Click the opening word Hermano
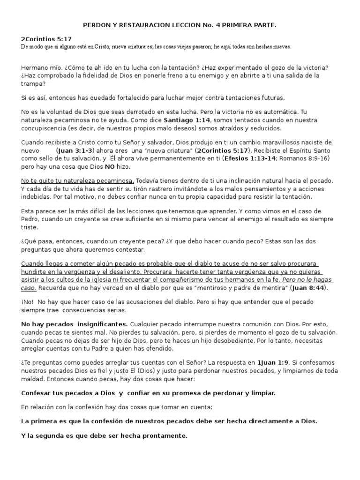37,67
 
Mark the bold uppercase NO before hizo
110,167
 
